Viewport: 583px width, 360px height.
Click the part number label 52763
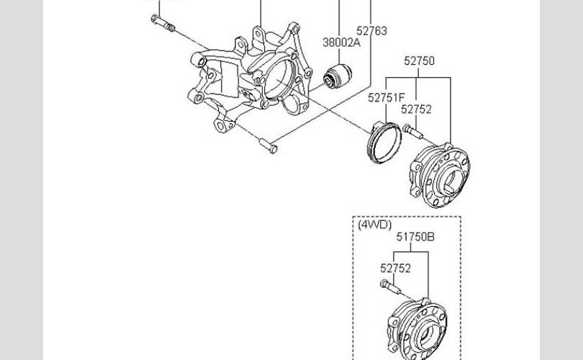tap(371, 31)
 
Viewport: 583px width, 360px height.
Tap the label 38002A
tap(341, 42)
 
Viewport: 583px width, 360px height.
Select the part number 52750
tap(419, 60)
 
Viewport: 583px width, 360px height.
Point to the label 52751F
tap(386, 97)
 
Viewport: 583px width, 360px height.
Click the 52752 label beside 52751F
tap(416, 109)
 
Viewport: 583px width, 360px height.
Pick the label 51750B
tap(415, 237)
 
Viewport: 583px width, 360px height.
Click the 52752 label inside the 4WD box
tap(395, 268)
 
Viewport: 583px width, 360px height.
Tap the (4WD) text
tap(375, 225)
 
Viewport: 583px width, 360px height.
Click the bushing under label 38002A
tap(338, 76)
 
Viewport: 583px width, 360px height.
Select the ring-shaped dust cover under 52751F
tap(384, 143)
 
